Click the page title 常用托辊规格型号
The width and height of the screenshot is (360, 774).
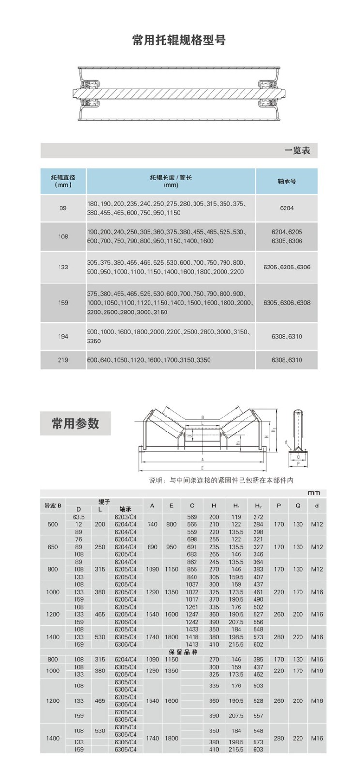[x=179, y=40]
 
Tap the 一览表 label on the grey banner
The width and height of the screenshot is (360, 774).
[x=297, y=150]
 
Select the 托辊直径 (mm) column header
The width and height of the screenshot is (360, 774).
[x=63, y=181]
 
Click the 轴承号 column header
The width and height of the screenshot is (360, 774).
[x=286, y=181]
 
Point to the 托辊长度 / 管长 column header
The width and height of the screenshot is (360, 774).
[x=171, y=181]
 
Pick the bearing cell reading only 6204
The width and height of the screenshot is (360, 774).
[x=286, y=208]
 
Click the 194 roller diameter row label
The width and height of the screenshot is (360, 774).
[x=63, y=336]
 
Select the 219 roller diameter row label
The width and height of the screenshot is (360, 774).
[x=63, y=360]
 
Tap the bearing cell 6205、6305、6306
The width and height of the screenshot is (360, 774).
[x=286, y=267]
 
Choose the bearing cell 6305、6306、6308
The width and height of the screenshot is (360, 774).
[x=286, y=303]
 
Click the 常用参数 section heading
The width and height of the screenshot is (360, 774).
[x=75, y=423]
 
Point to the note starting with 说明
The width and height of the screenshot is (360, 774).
[x=221, y=480]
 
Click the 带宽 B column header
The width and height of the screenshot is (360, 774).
[x=53, y=506]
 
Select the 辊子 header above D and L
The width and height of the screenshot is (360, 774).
[x=104, y=502]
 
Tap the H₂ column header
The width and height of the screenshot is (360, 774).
[x=258, y=506]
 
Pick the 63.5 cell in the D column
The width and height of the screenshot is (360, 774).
[x=78, y=517]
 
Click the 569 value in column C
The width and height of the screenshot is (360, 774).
[x=192, y=517]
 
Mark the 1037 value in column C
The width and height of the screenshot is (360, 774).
[x=192, y=584]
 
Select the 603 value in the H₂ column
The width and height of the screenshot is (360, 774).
[x=258, y=749]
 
